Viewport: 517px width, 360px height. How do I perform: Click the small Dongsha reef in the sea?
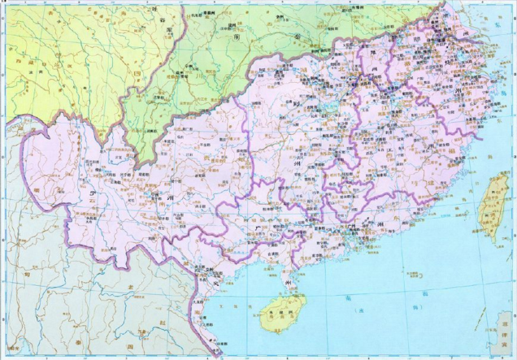point(389,269)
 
